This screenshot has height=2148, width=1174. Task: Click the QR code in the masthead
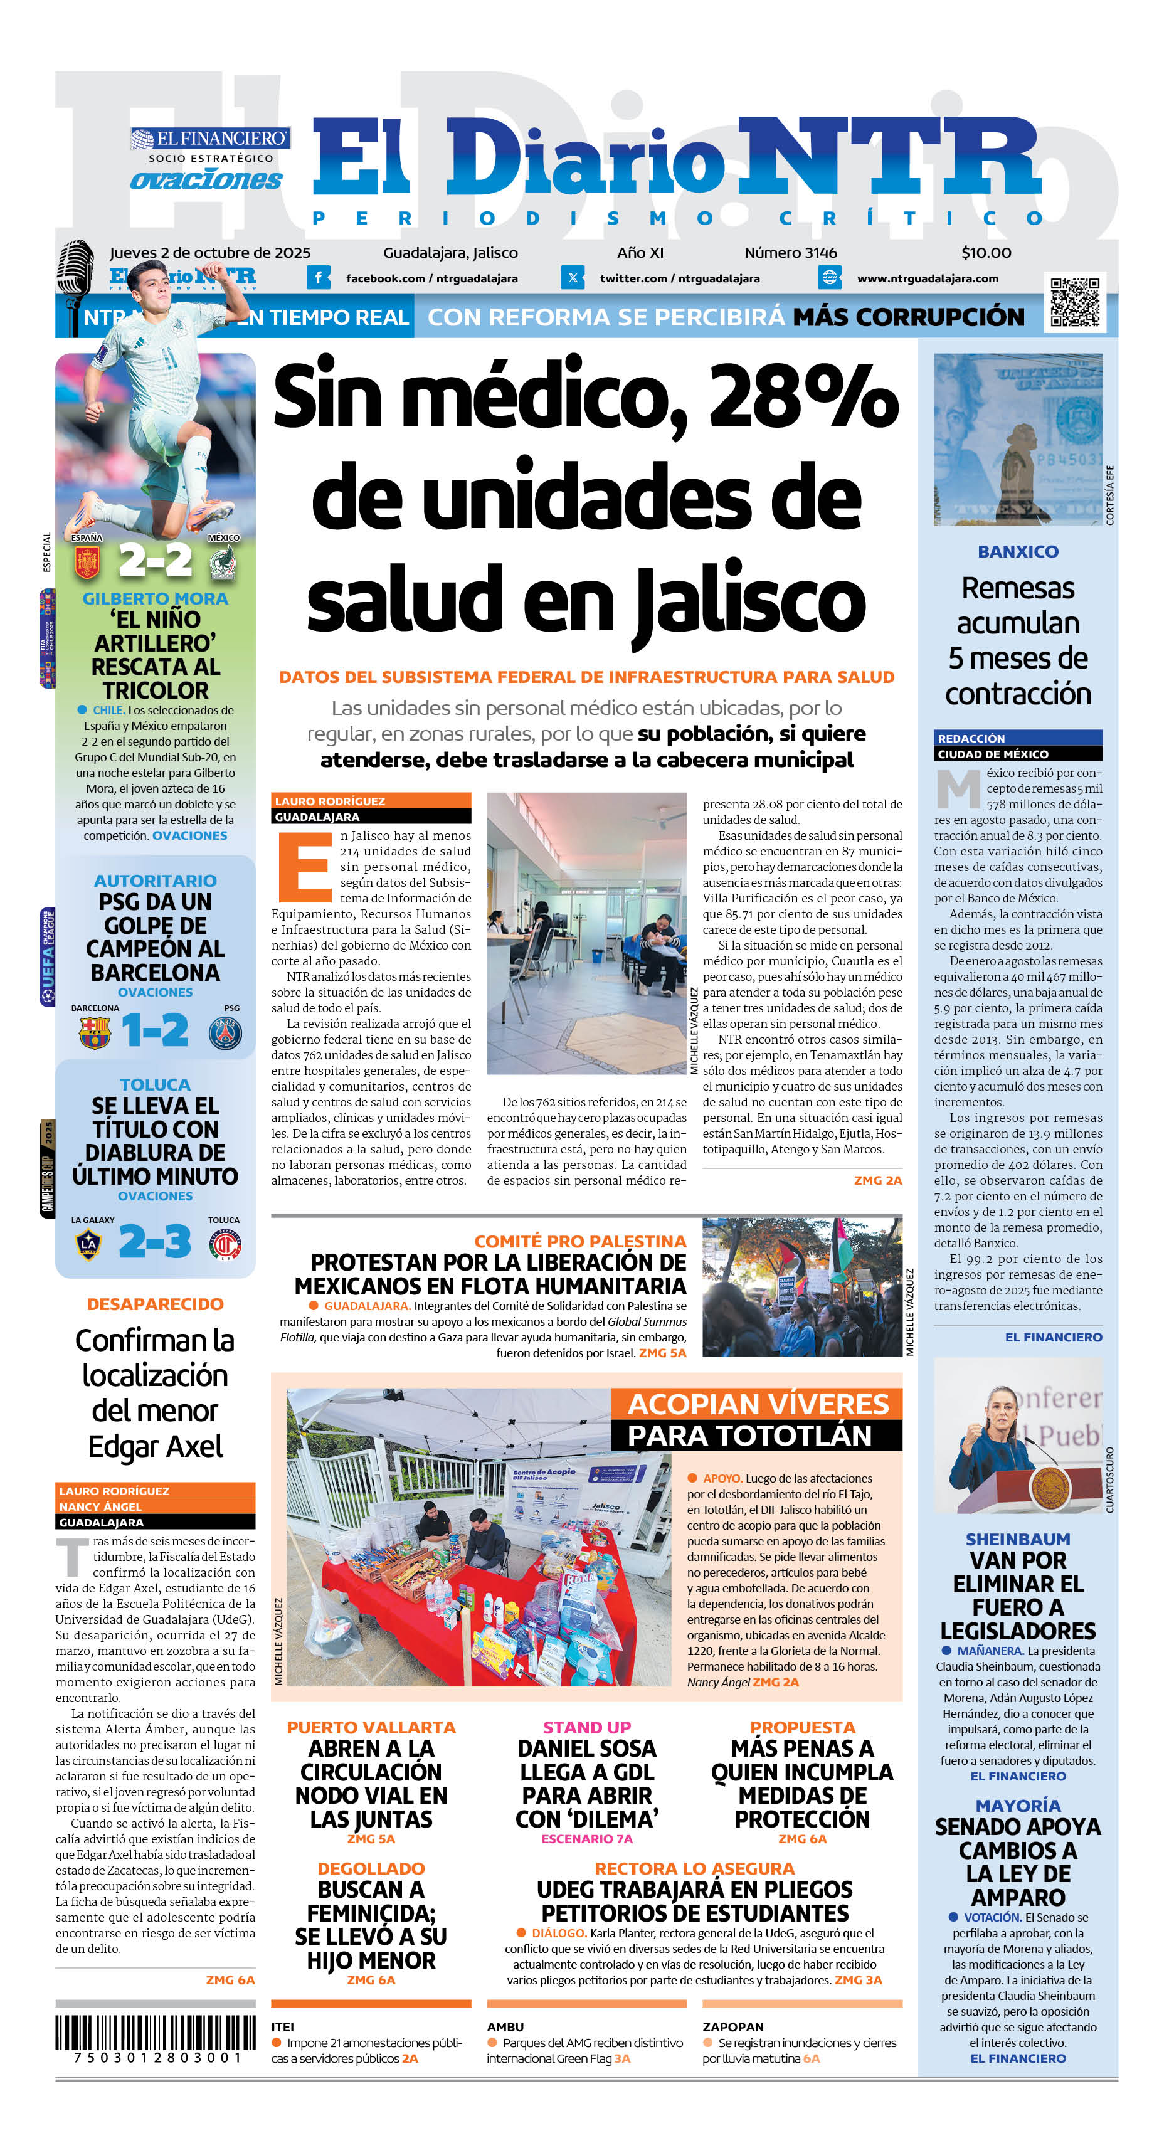coord(1075,302)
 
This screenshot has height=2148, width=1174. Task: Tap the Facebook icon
coord(318,278)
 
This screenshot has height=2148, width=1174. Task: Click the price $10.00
coord(986,253)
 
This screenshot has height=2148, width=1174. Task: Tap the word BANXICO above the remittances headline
coord(1017,551)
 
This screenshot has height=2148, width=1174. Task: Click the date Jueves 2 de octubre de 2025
coord(210,253)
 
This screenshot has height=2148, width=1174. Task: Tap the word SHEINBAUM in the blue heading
coord(1017,1539)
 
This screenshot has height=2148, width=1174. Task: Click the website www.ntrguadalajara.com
coord(927,278)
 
